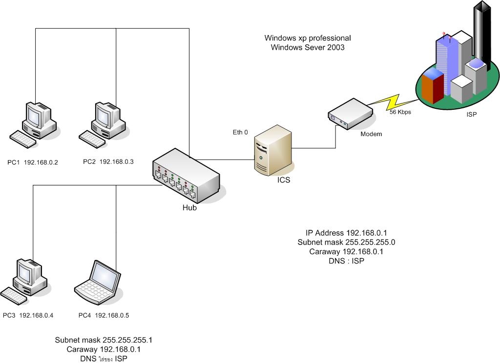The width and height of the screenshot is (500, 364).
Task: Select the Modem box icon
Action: pos(350,114)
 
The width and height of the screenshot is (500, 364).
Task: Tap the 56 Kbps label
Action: pos(400,112)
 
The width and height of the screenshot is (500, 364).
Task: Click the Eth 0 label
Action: pos(240,132)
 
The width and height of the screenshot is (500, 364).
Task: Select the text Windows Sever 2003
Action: pos(308,47)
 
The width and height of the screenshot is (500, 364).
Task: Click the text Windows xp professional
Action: pos(308,38)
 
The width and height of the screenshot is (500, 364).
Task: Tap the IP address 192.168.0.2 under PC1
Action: pos(41,162)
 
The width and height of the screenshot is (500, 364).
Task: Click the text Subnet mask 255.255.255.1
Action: pos(106,340)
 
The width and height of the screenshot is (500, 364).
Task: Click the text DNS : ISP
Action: pos(347,261)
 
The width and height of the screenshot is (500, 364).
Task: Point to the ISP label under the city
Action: pos(471,115)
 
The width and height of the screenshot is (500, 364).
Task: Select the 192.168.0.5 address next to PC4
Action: pos(112,315)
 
